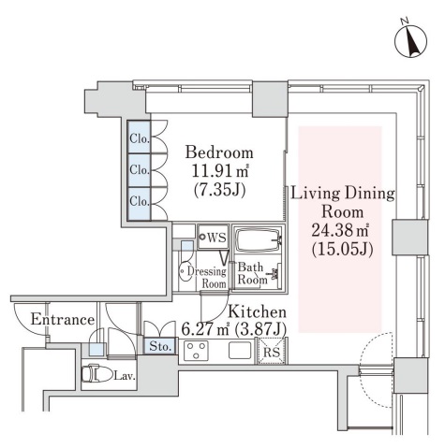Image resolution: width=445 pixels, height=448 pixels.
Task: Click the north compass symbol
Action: click(x=410, y=41)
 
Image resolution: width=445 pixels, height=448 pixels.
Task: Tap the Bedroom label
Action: click(x=219, y=152)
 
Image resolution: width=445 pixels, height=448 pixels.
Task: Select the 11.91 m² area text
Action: click(x=220, y=170)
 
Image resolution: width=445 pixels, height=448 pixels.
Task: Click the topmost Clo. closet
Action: click(x=139, y=137)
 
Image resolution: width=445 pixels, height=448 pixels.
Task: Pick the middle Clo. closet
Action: click(x=139, y=170)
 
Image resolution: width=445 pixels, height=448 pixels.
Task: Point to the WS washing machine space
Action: click(x=213, y=238)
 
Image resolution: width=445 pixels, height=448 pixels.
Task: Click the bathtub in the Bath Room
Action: click(x=258, y=240)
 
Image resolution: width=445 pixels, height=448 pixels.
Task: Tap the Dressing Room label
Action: click(x=207, y=277)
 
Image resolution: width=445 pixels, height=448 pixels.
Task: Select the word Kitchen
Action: click(x=257, y=311)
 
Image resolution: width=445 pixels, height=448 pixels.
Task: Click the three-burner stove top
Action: click(x=196, y=351)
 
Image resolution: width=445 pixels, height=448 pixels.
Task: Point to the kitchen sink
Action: click(x=240, y=350)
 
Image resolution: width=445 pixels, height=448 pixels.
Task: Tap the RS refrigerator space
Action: click(x=271, y=351)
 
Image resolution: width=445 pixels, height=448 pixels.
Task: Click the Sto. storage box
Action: click(x=160, y=346)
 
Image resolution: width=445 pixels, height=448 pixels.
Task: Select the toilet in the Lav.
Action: click(x=96, y=373)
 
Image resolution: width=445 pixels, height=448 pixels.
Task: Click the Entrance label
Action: click(x=63, y=320)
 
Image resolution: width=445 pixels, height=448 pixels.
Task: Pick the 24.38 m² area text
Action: click(x=341, y=231)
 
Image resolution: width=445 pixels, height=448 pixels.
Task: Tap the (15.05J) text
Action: click(x=343, y=250)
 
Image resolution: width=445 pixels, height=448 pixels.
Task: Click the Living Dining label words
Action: click(x=343, y=194)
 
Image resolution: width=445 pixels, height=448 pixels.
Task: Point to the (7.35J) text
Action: click(x=219, y=189)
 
